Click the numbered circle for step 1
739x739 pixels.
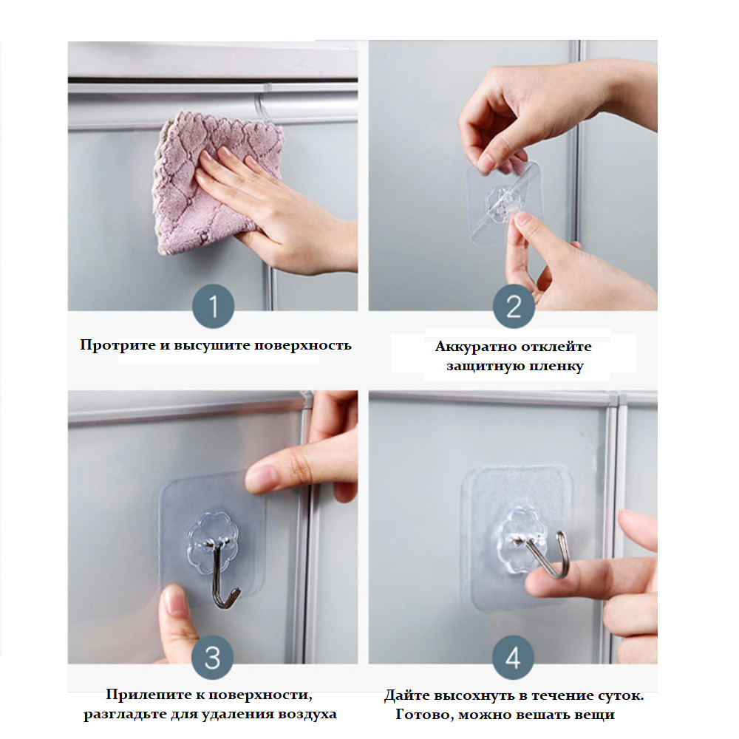click(213, 306)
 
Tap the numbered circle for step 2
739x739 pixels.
click(514, 307)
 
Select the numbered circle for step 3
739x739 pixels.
click(213, 658)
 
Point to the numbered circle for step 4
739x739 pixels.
click(514, 658)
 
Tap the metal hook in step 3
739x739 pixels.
click(224, 575)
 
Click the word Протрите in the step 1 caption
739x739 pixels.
click(118, 345)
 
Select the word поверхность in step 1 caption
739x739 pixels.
click(303, 345)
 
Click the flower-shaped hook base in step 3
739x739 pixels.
click(213, 542)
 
